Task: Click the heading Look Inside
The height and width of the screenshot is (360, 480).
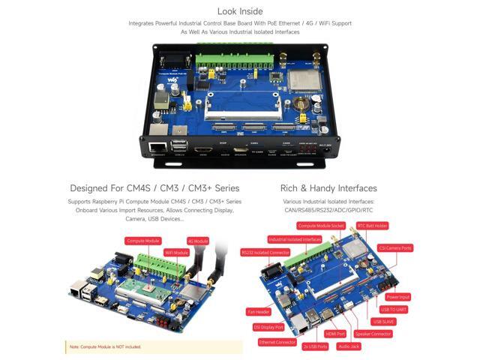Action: [240, 11]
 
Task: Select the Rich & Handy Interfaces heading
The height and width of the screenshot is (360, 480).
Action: [328, 188]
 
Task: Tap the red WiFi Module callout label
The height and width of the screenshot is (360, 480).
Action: [176, 253]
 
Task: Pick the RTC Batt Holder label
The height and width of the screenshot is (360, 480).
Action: [372, 225]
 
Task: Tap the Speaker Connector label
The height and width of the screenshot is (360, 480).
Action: [373, 333]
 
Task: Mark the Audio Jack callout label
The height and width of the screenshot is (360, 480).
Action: [349, 346]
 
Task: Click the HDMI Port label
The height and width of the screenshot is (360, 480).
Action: [335, 333]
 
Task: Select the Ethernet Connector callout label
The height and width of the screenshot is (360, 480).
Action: [276, 341]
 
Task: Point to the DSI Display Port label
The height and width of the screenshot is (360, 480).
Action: [268, 327]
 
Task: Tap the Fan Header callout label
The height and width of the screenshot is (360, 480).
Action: [258, 311]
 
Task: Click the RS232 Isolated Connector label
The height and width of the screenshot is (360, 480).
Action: [265, 253]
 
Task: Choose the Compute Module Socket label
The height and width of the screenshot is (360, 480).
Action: [321, 225]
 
